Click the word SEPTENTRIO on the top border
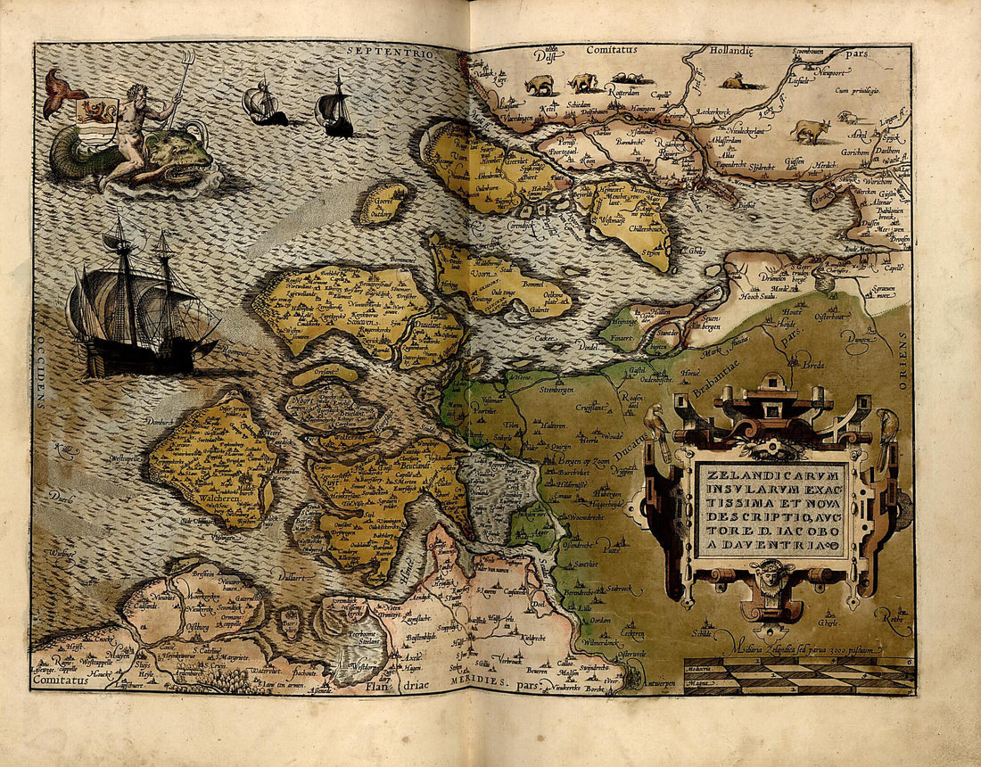tap(389, 54)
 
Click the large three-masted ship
tap(138, 303)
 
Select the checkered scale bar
tap(798, 675)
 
